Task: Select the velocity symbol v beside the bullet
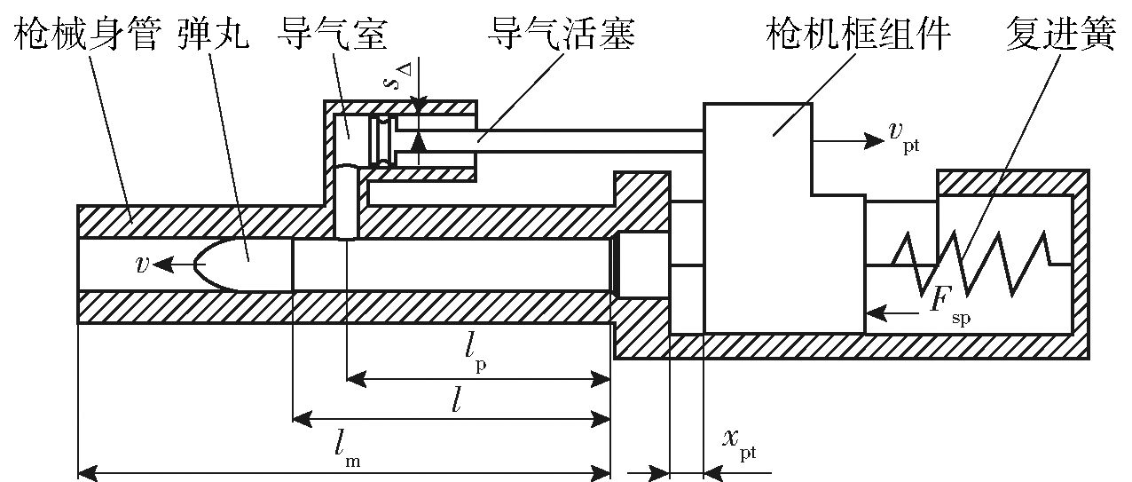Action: point(141,265)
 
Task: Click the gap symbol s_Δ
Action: point(394,82)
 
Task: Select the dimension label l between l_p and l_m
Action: point(455,402)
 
